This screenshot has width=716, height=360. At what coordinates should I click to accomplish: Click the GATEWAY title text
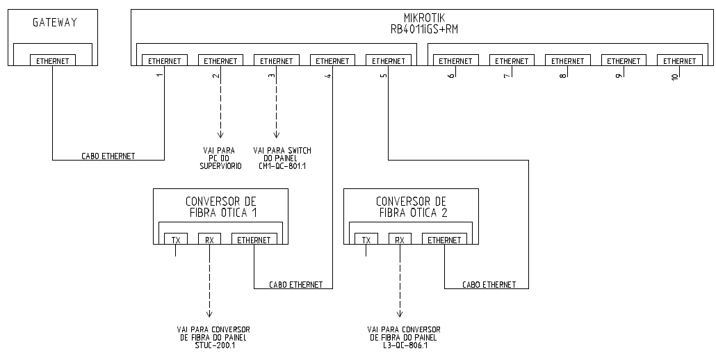point(54,23)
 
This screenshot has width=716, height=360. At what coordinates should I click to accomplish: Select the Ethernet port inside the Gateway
point(53,61)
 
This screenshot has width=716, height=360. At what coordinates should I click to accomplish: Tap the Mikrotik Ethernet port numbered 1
point(165,61)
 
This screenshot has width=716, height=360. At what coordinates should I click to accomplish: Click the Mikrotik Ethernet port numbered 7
point(512,61)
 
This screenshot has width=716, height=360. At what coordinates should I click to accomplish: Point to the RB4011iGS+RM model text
point(424,30)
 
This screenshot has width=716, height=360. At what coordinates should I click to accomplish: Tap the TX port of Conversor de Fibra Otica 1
point(176,240)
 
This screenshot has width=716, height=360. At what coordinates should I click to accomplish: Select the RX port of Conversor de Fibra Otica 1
point(209,240)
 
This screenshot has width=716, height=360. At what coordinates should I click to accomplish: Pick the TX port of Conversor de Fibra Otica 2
point(366,240)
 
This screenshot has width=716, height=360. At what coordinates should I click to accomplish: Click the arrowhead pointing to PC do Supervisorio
point(220,136)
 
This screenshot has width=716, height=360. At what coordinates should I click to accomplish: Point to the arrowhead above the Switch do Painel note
point(276,136)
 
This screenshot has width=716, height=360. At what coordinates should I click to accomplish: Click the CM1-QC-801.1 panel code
point(282,166)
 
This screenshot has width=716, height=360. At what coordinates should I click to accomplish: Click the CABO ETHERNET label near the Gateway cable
point(108,156)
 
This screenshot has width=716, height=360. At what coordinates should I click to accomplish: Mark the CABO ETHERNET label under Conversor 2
point(489,284)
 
